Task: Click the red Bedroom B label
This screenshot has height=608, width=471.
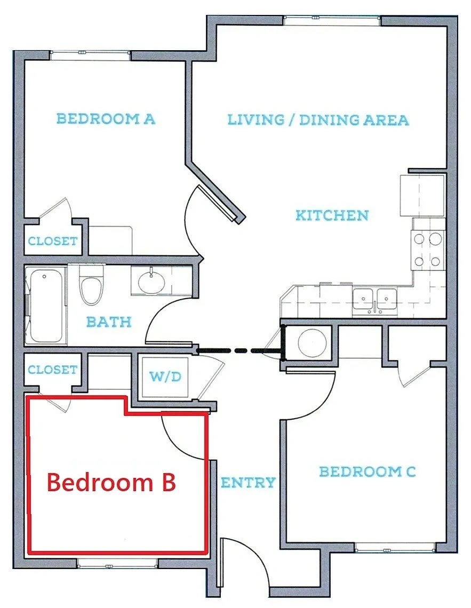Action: [x=111, y=482]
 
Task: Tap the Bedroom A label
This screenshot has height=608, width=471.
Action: [x=106, y=118]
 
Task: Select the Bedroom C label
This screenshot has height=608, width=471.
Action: [x=367, y=471]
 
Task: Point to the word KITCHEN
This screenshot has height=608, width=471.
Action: [x=332, y=215]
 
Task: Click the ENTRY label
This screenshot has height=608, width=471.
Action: [x=248, y=482]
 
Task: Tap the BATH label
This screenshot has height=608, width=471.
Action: [x=108, y=322]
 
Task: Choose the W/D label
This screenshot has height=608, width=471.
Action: [x=165, y=376]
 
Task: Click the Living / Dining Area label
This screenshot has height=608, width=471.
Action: [x=318, y=119]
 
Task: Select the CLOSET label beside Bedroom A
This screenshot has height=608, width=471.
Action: [x=52, y=241]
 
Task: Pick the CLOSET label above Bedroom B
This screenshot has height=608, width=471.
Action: [x=52, y=370]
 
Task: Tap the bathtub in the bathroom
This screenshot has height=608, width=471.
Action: [x=46, y=306]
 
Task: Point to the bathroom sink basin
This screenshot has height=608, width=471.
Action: [x=151, y=282]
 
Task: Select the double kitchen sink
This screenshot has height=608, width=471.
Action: [x=374, y=299]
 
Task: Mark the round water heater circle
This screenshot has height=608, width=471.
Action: [x=312, y=343]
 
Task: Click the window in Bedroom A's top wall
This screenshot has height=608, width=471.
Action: [x=90, y=55]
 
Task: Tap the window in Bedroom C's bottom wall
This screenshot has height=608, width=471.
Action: [x=395, y=548]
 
